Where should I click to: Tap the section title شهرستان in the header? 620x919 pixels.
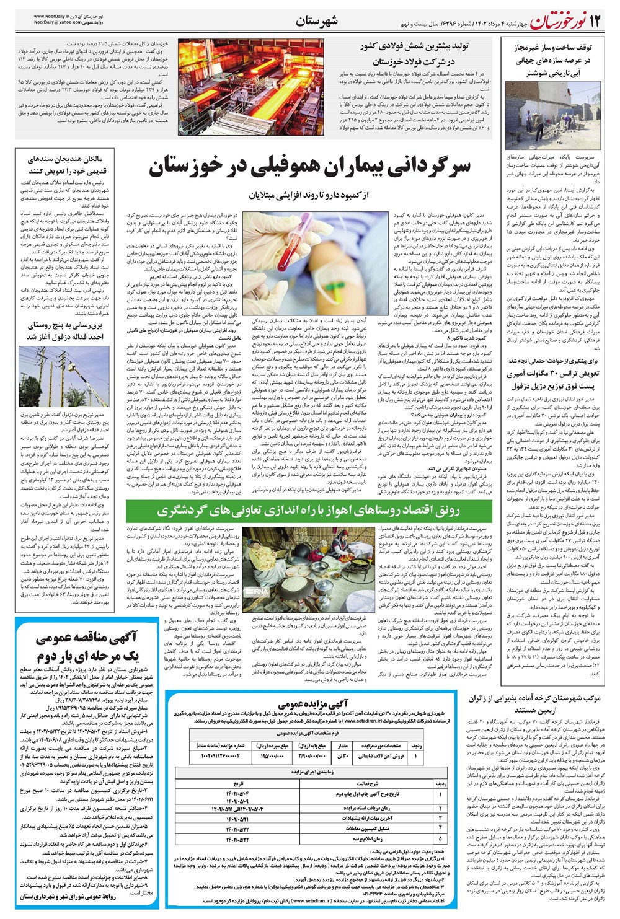click(x=316, y=21)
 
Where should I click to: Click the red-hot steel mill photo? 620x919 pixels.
click(x=250, y=87)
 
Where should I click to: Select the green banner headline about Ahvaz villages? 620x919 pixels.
click(x=309, y=510)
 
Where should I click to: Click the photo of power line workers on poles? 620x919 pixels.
click(x=64, y=379)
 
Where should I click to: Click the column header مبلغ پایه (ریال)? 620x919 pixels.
click(x=314, y=746)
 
